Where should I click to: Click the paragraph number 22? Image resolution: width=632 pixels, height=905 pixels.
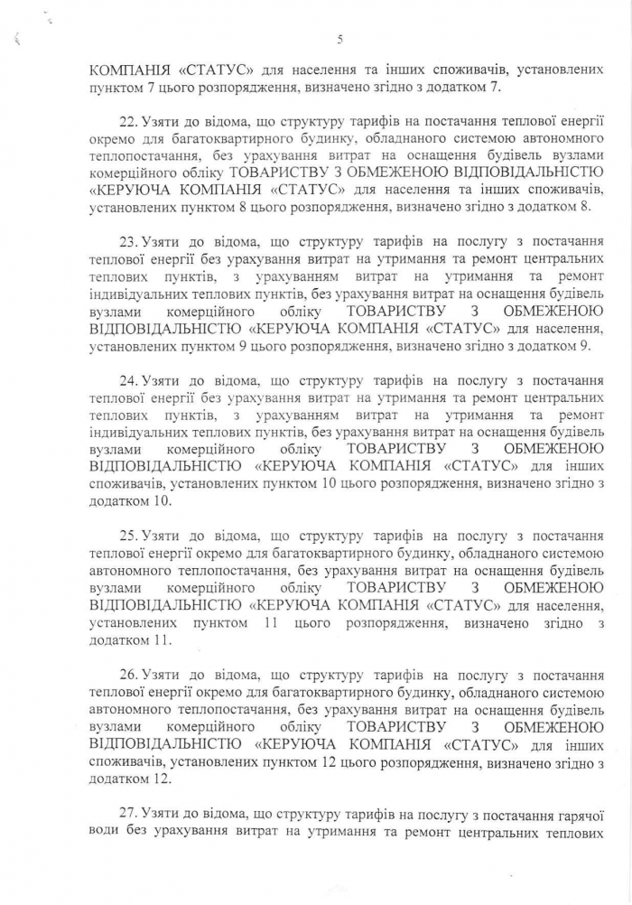(x=129, y=121)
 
